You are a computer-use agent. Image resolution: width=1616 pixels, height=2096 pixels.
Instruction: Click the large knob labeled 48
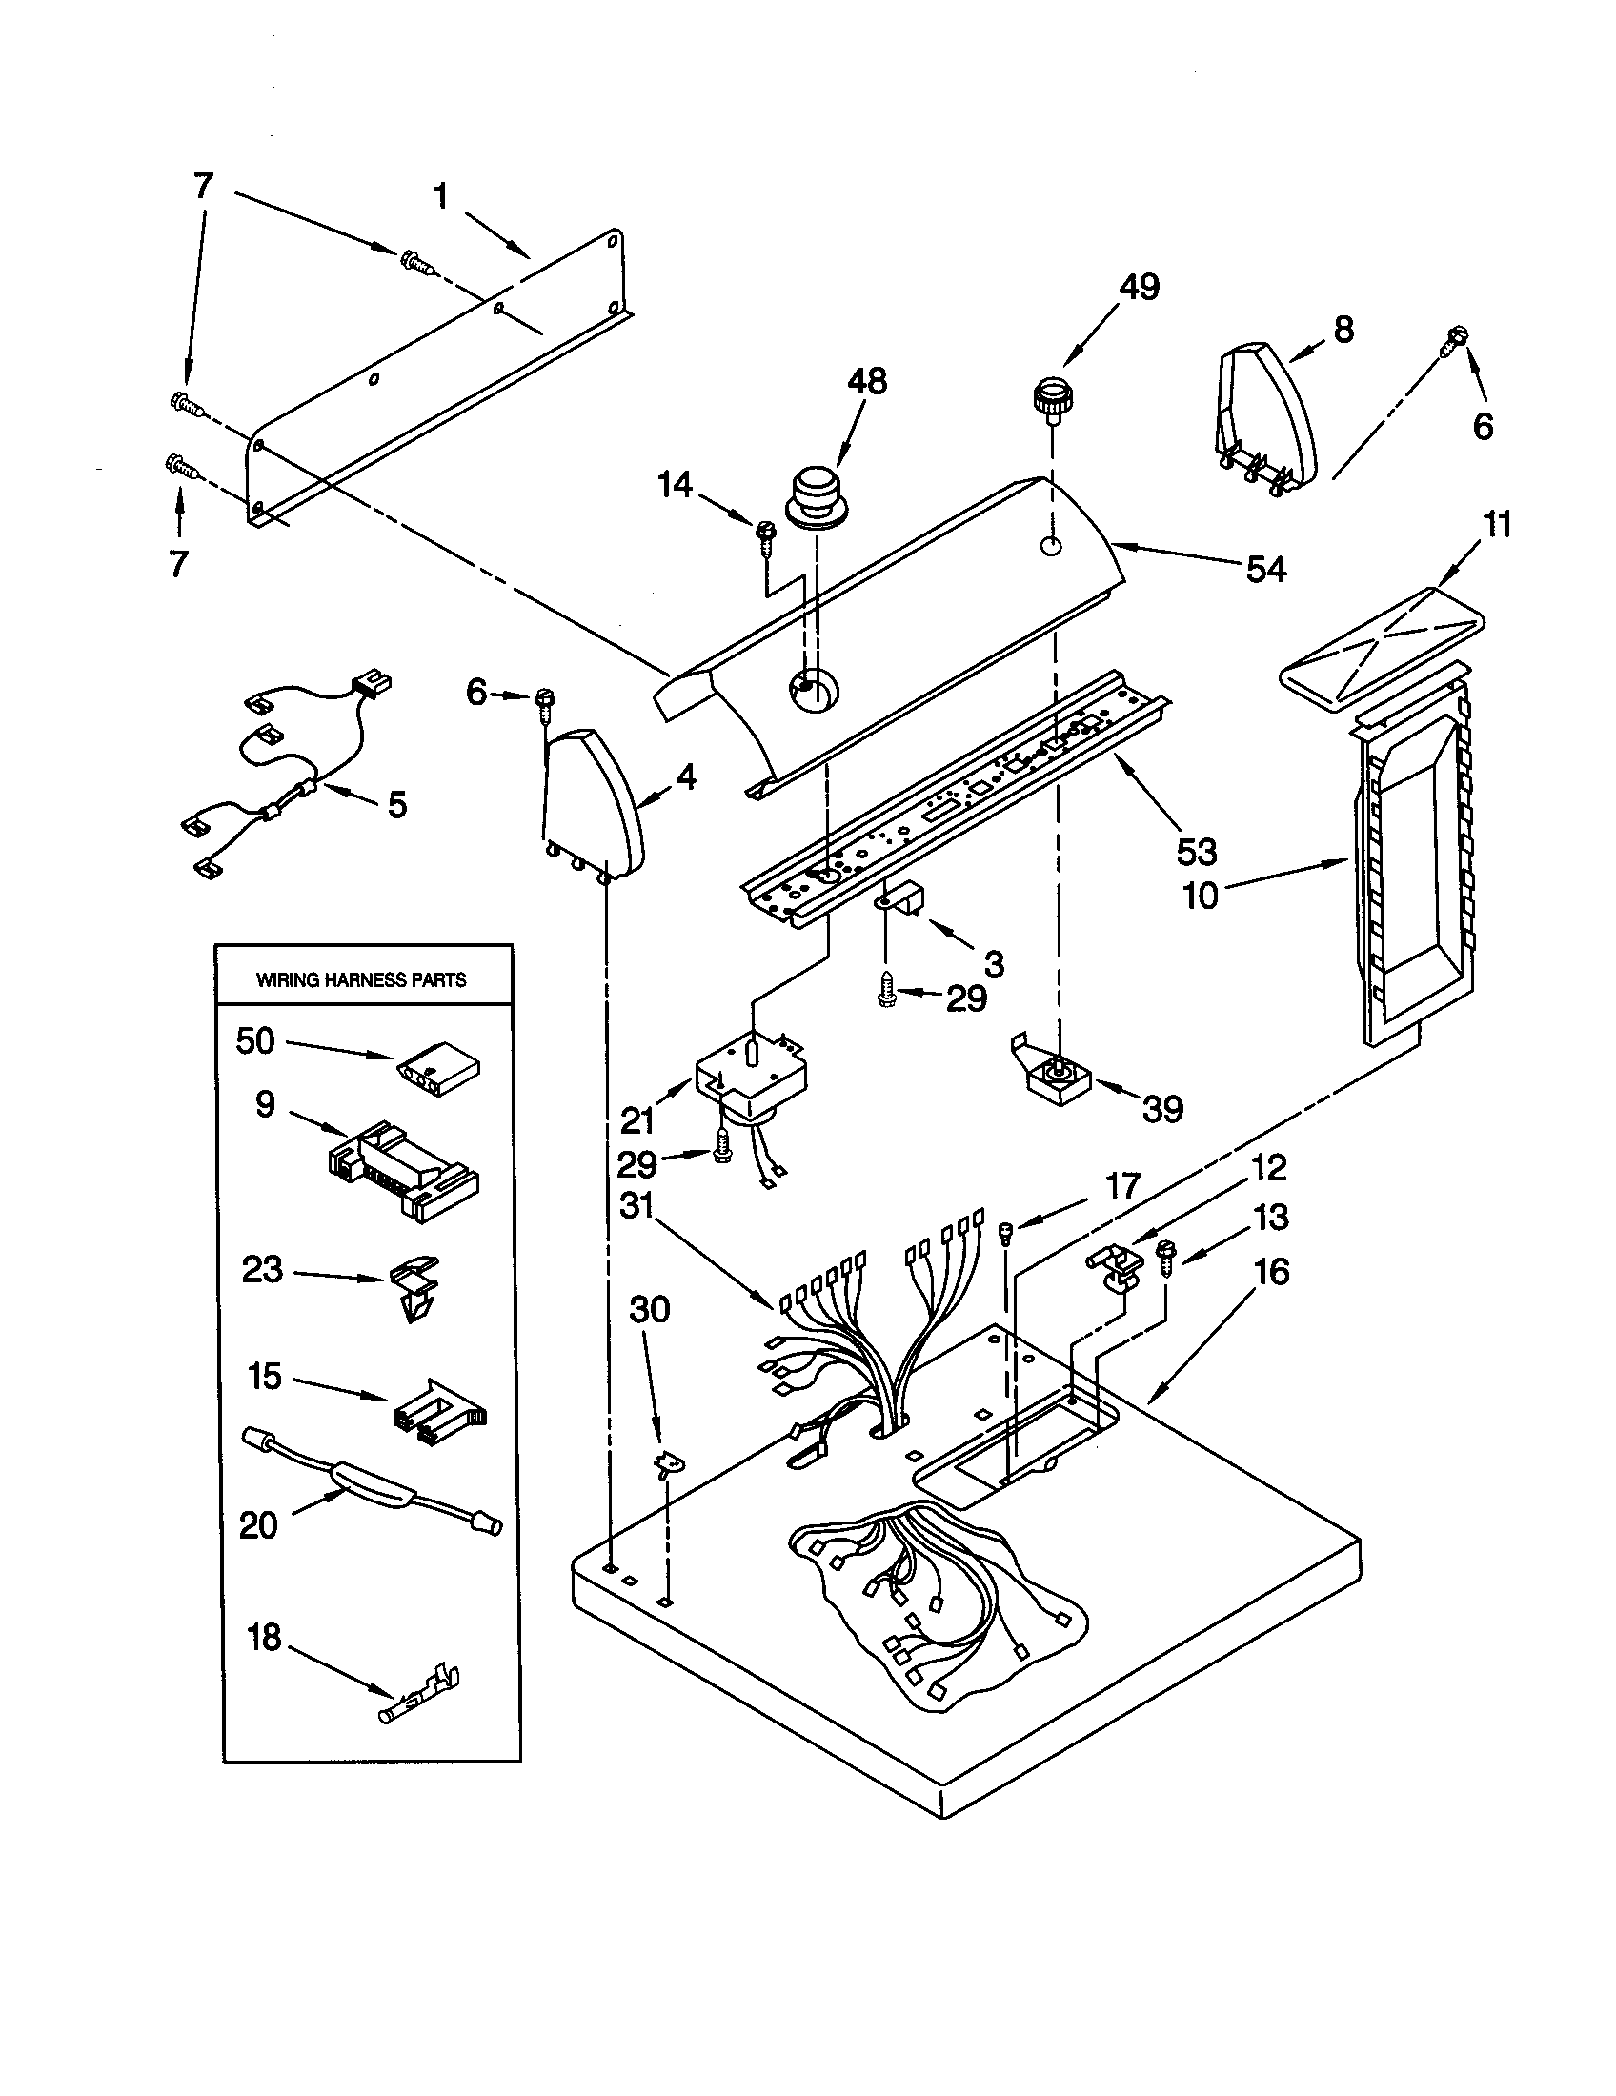817,495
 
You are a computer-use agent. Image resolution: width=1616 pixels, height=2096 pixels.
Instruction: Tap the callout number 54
1264,570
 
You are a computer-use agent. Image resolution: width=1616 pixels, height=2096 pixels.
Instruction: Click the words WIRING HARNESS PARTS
361,979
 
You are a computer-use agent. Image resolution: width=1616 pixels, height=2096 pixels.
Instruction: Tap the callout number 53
1196,851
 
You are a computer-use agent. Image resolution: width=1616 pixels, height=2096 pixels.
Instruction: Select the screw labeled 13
1166,1255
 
